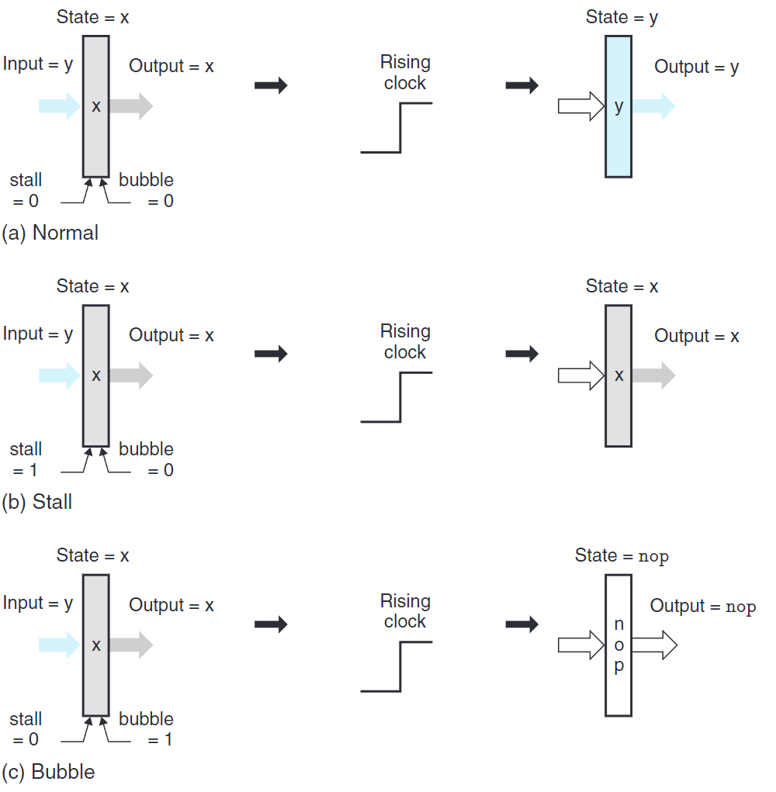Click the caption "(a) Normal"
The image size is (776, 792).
click(50, 233)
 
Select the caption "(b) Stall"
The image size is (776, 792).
click(37, 502)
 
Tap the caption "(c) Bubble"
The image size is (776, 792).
click(48, 772)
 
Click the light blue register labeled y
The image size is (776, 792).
click(618, 106)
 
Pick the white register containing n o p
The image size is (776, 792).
click(618, 645)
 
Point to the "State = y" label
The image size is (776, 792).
click(622, 17)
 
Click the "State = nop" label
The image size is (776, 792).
click(622, 555)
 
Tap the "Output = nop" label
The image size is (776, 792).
click(702, 607)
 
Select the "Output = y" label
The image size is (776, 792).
click(696, 67)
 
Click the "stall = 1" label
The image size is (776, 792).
click(26, 459)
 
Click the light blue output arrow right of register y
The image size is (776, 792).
click(653, 106)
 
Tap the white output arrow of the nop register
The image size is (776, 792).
click(654, 645)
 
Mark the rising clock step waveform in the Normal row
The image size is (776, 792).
click(397, 127)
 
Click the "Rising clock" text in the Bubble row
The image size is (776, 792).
click(405, 611)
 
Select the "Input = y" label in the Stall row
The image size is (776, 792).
click(38, 334)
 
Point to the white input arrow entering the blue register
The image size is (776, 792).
click(581, 106)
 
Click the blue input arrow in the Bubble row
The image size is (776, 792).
click(60, 645)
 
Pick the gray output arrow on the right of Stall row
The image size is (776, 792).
click(653, 375)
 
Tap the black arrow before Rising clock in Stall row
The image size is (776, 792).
click(271, 354)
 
